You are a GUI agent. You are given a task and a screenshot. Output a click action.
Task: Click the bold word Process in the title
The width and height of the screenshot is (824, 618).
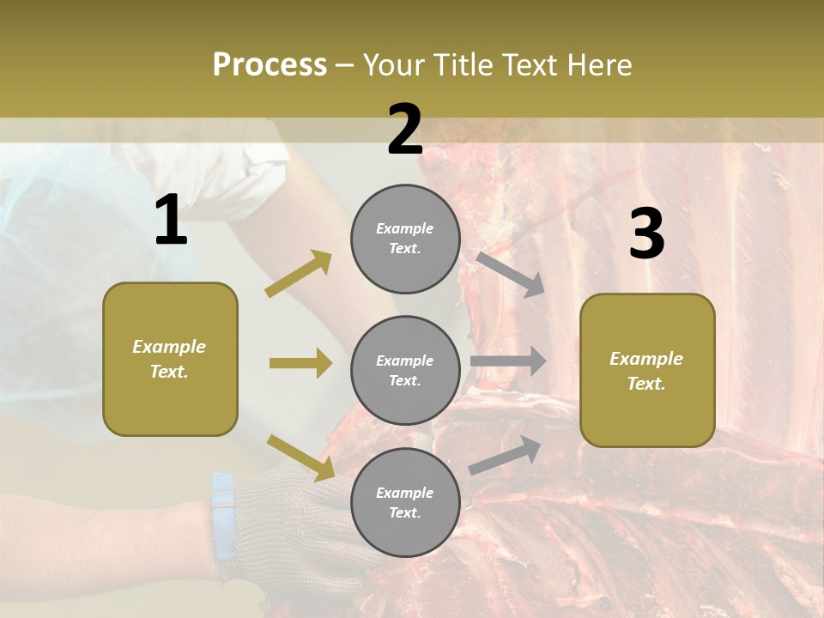click(270, 64)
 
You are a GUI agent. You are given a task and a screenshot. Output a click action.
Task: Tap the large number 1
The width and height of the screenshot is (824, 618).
click(171, 221)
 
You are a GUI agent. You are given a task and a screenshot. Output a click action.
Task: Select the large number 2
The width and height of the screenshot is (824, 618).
click(405, 130)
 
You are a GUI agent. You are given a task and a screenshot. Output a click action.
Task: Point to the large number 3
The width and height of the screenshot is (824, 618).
click(646, 234)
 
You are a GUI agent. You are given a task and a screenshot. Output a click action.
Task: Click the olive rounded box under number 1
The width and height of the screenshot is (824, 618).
click(170, 359)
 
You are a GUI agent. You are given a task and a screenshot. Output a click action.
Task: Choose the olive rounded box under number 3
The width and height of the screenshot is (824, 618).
click(647, 370)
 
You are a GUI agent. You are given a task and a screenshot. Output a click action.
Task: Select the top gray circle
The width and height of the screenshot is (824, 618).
click(405, 238)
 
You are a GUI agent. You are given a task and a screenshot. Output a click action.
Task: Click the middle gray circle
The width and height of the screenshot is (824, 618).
click(405, 370)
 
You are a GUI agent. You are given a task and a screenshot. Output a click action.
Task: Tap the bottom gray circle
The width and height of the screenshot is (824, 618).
click(405, 502)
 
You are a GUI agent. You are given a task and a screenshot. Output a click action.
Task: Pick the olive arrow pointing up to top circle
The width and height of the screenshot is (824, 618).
click(299, 274)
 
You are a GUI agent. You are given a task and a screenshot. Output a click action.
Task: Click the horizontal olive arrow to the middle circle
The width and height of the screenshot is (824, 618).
click(300, 363)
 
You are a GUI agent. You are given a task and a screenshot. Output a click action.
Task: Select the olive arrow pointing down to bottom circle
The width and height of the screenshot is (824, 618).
click(300, 457)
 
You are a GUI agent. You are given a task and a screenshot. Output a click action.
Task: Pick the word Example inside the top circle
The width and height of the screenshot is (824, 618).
click(405, 228)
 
